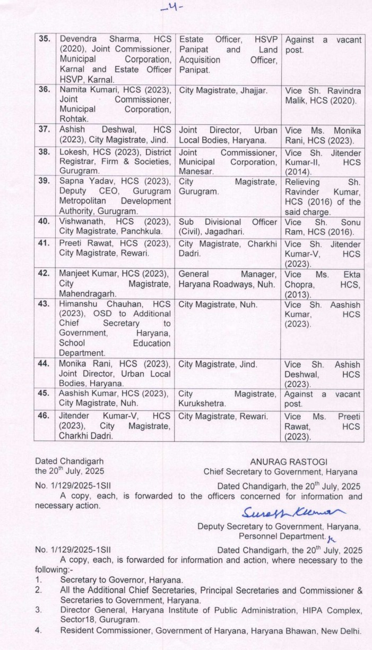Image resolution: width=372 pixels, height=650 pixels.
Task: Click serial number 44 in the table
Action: [x=45, y=365]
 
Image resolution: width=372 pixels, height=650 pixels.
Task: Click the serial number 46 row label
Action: [x=45, y=417]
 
